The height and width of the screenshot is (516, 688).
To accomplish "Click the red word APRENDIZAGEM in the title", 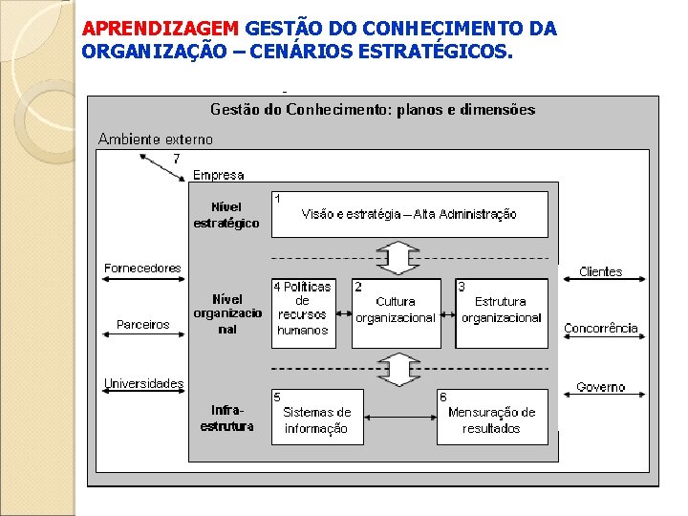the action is coord(161,29).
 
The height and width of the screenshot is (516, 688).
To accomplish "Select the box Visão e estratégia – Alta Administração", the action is coord(410,214).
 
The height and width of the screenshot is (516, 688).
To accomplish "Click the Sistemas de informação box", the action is coord(317,418).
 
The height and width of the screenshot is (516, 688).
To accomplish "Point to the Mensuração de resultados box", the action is coord(492,418).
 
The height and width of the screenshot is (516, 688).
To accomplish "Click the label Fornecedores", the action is coord(142,269).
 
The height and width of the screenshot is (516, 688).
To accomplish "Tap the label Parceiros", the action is coord(142,325).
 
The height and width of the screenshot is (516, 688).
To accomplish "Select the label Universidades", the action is coord(143,384).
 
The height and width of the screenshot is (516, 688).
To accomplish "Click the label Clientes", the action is coord(600,272).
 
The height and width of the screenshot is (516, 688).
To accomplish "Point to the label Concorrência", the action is coord(600,329).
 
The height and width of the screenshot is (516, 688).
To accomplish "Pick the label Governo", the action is coord(600,387).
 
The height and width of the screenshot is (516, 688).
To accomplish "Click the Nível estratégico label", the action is coord(226,215).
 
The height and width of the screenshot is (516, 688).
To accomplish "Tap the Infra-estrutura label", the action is coord(226,419).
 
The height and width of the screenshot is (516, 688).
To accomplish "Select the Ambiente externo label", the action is coord(156,140).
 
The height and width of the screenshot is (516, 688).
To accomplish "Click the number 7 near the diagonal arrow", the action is coord(176,159).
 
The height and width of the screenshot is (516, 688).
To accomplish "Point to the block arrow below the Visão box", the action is coord(398,257).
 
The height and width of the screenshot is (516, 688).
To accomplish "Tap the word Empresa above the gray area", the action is coord(218,175).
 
